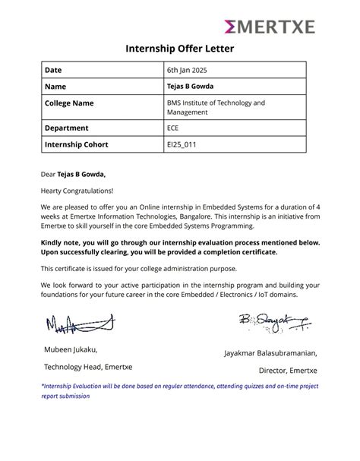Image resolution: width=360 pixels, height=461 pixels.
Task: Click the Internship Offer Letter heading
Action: coord(180,49)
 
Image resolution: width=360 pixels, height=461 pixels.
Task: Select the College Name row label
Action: coord(70,103)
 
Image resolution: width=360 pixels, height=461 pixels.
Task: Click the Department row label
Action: coord(67,128)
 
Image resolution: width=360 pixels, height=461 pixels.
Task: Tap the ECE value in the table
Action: coord(173,128)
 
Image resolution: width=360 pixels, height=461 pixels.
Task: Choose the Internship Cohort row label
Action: coord(77,144)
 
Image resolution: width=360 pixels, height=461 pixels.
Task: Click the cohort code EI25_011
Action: coord(182,144)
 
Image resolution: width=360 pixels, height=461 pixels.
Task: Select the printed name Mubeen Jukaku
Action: coord(71,349)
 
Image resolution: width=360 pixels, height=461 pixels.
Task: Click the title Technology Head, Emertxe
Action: coord(87,367)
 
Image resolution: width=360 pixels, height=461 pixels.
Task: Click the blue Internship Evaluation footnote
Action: coord(180,390)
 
